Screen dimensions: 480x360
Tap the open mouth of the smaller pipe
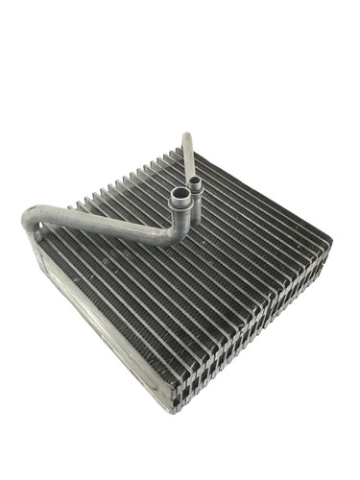click(x=195, y=180)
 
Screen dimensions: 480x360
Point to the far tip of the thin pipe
click(x=185, y=135)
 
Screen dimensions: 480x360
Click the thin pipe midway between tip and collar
click(x=190, y=158)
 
